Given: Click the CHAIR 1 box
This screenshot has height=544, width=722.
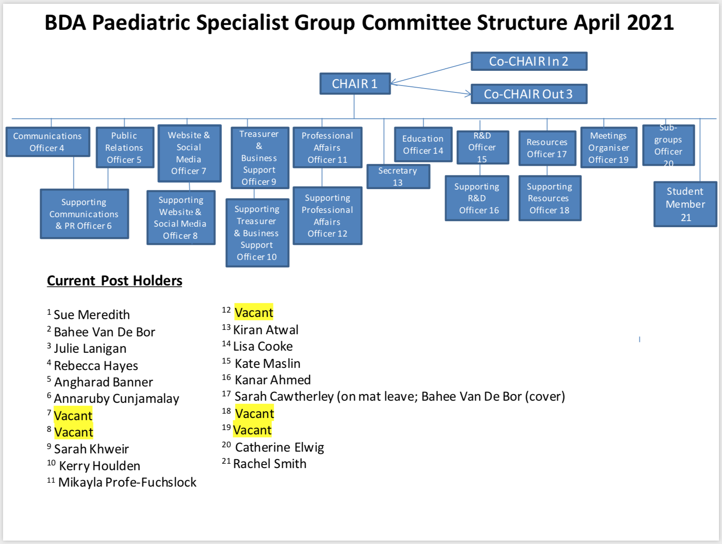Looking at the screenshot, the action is coord(355,83).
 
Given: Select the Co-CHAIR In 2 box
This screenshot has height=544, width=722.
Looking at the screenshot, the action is coord(529,61).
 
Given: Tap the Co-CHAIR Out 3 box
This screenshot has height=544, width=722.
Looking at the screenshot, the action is coord(529,94).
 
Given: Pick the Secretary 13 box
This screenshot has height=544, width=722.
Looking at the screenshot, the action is coord(398,177).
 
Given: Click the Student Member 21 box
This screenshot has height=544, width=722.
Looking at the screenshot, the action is coord(685,204).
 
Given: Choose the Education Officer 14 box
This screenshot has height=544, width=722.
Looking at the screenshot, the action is coord(423,144).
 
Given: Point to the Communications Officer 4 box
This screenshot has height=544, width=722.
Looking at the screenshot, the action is coord(47,142).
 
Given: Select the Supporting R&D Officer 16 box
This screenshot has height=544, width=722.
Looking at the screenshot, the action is coord(477,198).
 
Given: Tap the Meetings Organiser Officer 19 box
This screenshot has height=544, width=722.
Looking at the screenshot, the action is coord(608,147).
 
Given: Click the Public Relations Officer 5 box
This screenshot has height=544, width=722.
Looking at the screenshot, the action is coord(125,147).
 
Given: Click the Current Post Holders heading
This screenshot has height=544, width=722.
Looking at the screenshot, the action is coord(114,281).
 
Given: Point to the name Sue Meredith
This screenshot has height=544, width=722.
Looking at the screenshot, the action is coord(92,315).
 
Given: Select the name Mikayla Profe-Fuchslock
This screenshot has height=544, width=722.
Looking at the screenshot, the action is coord(127,482).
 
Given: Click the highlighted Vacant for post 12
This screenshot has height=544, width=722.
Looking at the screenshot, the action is coord(253,312).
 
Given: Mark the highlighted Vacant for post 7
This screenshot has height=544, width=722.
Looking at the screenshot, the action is coord(73,415).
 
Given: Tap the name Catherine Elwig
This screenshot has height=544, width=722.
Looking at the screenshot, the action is coord(279,447).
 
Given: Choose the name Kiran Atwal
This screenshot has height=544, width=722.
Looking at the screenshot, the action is coord(266,329).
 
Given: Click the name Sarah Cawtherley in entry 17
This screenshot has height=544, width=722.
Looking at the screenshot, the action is coord(284,396).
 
